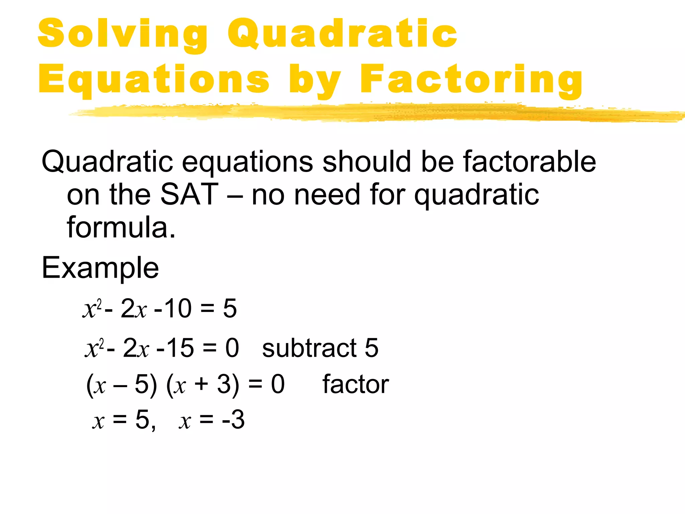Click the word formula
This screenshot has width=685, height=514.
pos(121,228)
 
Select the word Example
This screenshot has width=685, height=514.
pos(100,268)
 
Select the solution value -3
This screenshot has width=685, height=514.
pos(233,420)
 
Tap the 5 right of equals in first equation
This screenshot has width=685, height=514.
pos(230,308)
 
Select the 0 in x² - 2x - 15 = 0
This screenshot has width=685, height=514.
pos(232,348)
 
